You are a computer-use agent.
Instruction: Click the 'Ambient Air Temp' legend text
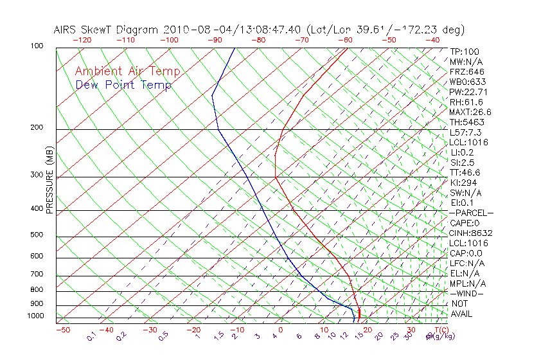(x=127, y=71)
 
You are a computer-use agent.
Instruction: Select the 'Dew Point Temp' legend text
(x=123, y=85)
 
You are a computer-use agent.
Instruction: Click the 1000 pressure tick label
(x=36, y=316)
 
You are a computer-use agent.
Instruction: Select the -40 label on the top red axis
(x=432, y=40)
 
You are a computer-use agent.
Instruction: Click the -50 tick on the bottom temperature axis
(x=62, y=330)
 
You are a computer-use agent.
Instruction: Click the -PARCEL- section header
(x=470, y=213)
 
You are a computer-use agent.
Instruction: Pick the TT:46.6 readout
(x=465, y=172)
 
